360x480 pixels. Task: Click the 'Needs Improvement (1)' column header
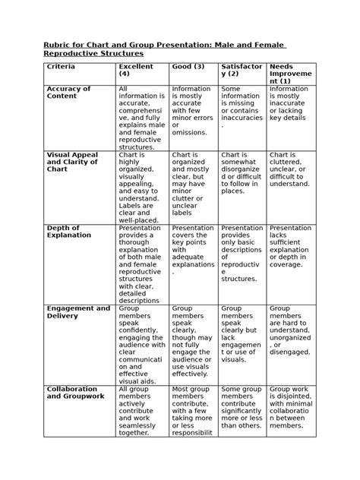[x=289, y=74]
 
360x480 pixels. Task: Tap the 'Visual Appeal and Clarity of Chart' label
[x=73, y=162]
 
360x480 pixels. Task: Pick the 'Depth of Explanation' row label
[x=68, y=232]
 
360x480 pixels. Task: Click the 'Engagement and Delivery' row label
[x=78, y=312]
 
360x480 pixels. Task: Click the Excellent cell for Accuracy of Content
[x=141, y=118]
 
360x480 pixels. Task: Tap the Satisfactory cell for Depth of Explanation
[x=242, y=254]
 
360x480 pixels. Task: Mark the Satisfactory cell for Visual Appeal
[x=242, y=174]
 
